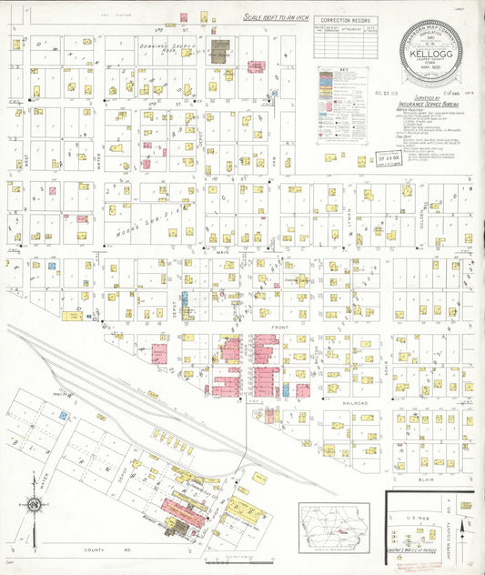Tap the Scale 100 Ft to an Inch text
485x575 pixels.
tap(276, 17)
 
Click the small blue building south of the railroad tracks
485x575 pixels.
tap(64, 416)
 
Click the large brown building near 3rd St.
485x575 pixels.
tap(219, 51)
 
